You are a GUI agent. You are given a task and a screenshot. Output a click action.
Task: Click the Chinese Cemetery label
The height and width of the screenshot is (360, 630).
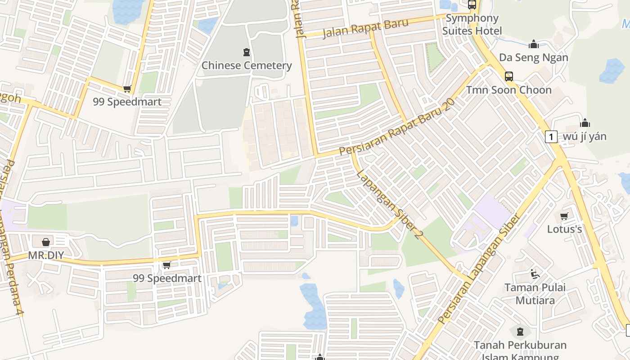click(x=247, y=66)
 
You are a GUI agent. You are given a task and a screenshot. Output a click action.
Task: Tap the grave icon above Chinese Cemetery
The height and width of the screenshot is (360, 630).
click(x=247, y=52)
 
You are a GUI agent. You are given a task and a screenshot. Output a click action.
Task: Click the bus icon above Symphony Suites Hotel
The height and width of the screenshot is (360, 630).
click(x=472, y=5)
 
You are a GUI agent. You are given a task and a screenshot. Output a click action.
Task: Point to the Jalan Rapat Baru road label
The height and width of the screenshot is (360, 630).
click(x=365, y=28)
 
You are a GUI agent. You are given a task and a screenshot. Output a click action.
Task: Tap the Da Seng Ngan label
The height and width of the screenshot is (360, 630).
click(x=533, y=58)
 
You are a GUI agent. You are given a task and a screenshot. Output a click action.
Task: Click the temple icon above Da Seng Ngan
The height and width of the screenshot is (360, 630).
click(x=534, y=44)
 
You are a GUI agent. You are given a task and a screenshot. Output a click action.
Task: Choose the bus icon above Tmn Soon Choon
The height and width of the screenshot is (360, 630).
click(x=509, y=76)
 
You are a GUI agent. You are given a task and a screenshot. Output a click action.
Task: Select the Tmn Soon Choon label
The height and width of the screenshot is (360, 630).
click(x=508, y=90)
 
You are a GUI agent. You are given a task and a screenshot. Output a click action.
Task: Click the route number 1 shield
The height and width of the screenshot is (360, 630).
click(x=551, y=136)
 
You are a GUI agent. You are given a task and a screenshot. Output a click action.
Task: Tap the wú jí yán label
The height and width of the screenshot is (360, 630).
click(x=585, y=136)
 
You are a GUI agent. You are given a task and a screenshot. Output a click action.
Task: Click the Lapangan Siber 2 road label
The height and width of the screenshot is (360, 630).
click(x=388, y=204)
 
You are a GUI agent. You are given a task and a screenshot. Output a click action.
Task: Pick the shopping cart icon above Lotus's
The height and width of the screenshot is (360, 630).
click(x=564, y=216)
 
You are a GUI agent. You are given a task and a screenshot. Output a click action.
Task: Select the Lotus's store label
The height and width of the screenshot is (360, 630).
click(x=564, y=229)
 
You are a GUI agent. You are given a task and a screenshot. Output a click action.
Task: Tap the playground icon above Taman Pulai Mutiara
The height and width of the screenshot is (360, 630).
click(x=535, y=274)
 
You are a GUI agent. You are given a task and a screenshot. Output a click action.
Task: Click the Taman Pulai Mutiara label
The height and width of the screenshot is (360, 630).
click(x=535, y=293)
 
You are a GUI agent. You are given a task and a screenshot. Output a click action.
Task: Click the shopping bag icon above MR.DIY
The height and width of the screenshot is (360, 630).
click(x=45, y=242)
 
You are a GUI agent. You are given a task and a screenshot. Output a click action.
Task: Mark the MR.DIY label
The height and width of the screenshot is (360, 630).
click(x=45, y=256)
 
